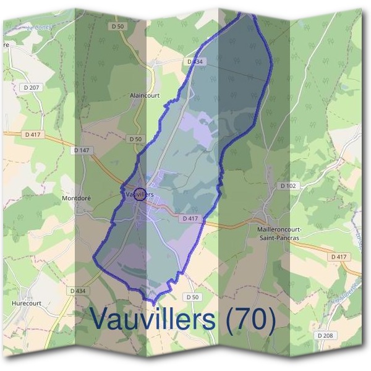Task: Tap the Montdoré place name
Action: pyautogui.click(x=77, y=198)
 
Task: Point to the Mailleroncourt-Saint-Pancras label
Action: pyautogui.click(x=278, y=232)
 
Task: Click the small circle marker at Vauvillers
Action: pyautogui.click(x=140, y=194)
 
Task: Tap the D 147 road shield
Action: pyautogui.click(x=81, y=150)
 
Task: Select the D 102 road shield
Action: pyautogui.click(x=288, y=185)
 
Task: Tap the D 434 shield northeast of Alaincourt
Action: pyautogui.click(x=195, y=62)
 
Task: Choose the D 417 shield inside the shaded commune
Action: pyautogui.click(x=190, y=218)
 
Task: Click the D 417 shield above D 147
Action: pyautogui.click(x=32, y=134)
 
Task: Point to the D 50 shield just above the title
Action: pyautogui.click(x=194, y=297)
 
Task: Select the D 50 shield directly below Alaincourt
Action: pyautogui.click(x=135, y=139)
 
